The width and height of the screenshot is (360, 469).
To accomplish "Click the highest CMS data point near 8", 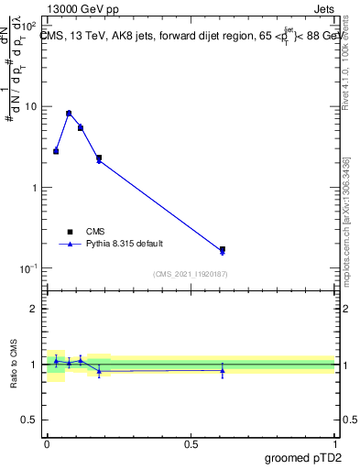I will tap(69, 114).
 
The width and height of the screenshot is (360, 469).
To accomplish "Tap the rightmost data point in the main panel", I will tap(223, 249).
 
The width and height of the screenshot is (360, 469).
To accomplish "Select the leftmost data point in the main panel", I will tap(56, 151).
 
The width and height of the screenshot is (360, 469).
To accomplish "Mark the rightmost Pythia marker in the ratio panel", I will tap(223, 370).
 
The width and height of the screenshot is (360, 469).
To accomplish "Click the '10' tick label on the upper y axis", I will tap(30, 106).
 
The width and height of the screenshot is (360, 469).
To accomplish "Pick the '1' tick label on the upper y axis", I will tap(34, 188).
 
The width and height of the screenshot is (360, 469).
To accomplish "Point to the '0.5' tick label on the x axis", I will tap(191, 444).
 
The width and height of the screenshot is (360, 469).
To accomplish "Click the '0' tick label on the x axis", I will tap(48, 444).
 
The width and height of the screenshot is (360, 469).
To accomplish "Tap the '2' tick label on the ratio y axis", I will tap(34, 309).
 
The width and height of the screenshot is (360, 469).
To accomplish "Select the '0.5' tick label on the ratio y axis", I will tap(28, 420).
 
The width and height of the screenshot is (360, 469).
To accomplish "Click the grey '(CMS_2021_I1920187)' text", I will tap(191, 274).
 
